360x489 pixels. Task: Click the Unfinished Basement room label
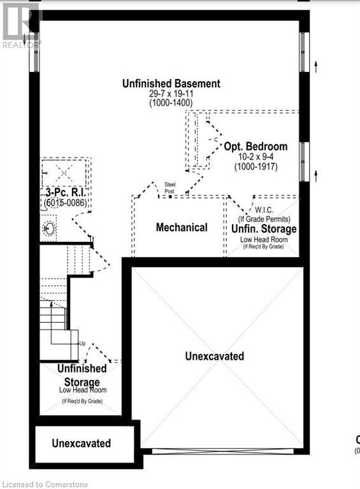coord(172,83)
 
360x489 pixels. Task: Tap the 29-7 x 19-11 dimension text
coord(171,94)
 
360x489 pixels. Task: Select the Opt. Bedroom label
coord(256,146)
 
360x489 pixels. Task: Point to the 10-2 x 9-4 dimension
coord(255,157)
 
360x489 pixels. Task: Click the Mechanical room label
coord(182,227)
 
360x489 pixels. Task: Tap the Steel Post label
coord(170,187)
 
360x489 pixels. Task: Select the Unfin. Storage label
coord(264,229)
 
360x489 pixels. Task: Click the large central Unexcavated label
coord(214,357)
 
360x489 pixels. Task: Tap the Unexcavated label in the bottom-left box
coord(81,443)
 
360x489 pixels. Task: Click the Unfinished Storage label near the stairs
coord(82,375)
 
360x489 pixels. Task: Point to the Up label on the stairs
coord(82,344)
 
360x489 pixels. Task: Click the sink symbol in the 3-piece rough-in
coord(48,228)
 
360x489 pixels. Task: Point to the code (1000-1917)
coord(255,167)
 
